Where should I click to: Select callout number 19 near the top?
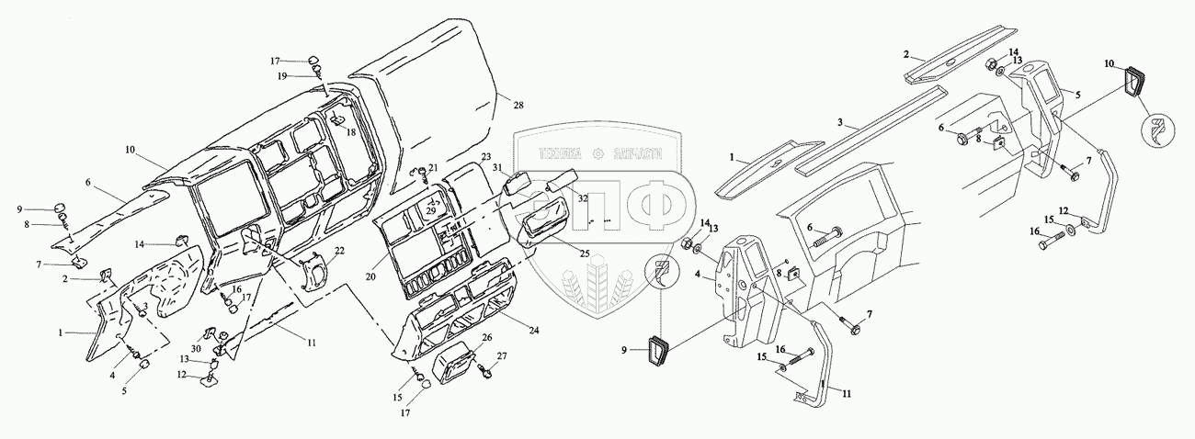[283, 75]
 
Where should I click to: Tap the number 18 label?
[351, 132]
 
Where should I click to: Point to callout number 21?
[434, 167]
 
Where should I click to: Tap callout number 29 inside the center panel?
[430, 211]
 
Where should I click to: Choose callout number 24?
[536, 327]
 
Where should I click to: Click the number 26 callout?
[486, 338]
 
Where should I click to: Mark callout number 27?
[501, 355]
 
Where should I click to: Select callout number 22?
[339, 251]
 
